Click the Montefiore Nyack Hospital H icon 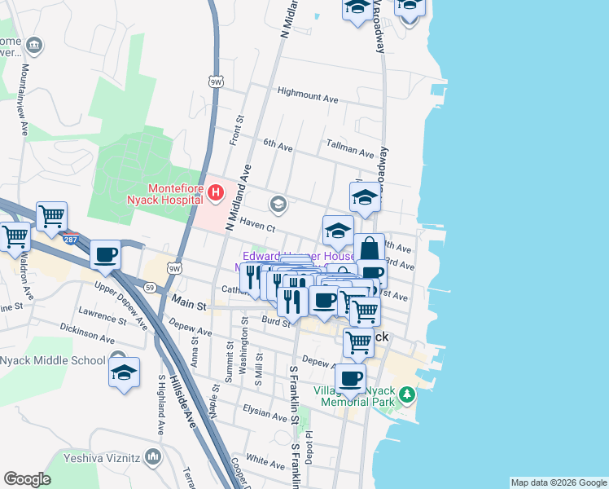(216, 193)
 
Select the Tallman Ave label (349, 153)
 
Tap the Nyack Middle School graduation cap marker (123, 373)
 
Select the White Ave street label (265, 461)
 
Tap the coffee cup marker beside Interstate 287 (106, 254)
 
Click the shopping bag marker (369, 248)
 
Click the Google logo (28, 479)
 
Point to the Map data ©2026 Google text (559, 482)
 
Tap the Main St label (190, 303)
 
